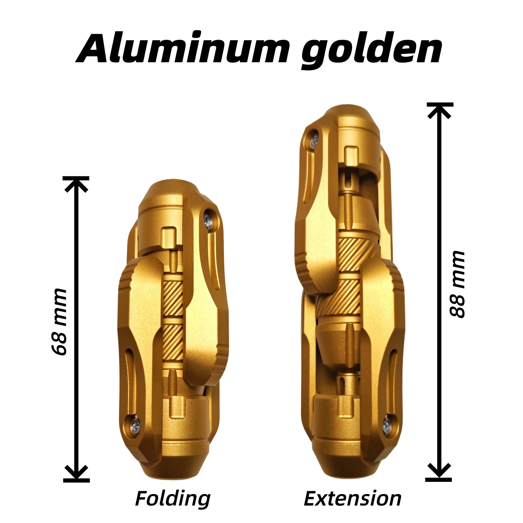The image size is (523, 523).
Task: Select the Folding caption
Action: pos(173,499)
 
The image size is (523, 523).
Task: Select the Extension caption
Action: pos(353,499)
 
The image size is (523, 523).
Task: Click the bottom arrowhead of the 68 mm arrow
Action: pos(76,473)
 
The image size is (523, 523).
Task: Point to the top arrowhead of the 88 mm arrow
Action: pos(440,110)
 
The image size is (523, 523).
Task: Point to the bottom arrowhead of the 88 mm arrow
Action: pos(439,472)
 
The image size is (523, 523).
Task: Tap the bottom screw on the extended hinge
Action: pos(387,424)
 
